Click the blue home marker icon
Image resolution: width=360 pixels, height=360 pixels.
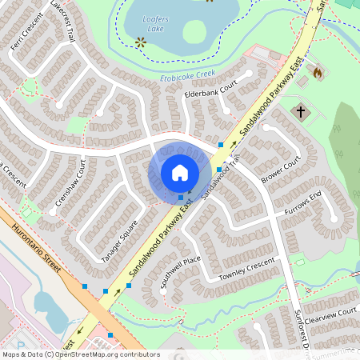coord(180,172)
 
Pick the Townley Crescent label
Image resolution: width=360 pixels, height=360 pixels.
coord(246,270)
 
